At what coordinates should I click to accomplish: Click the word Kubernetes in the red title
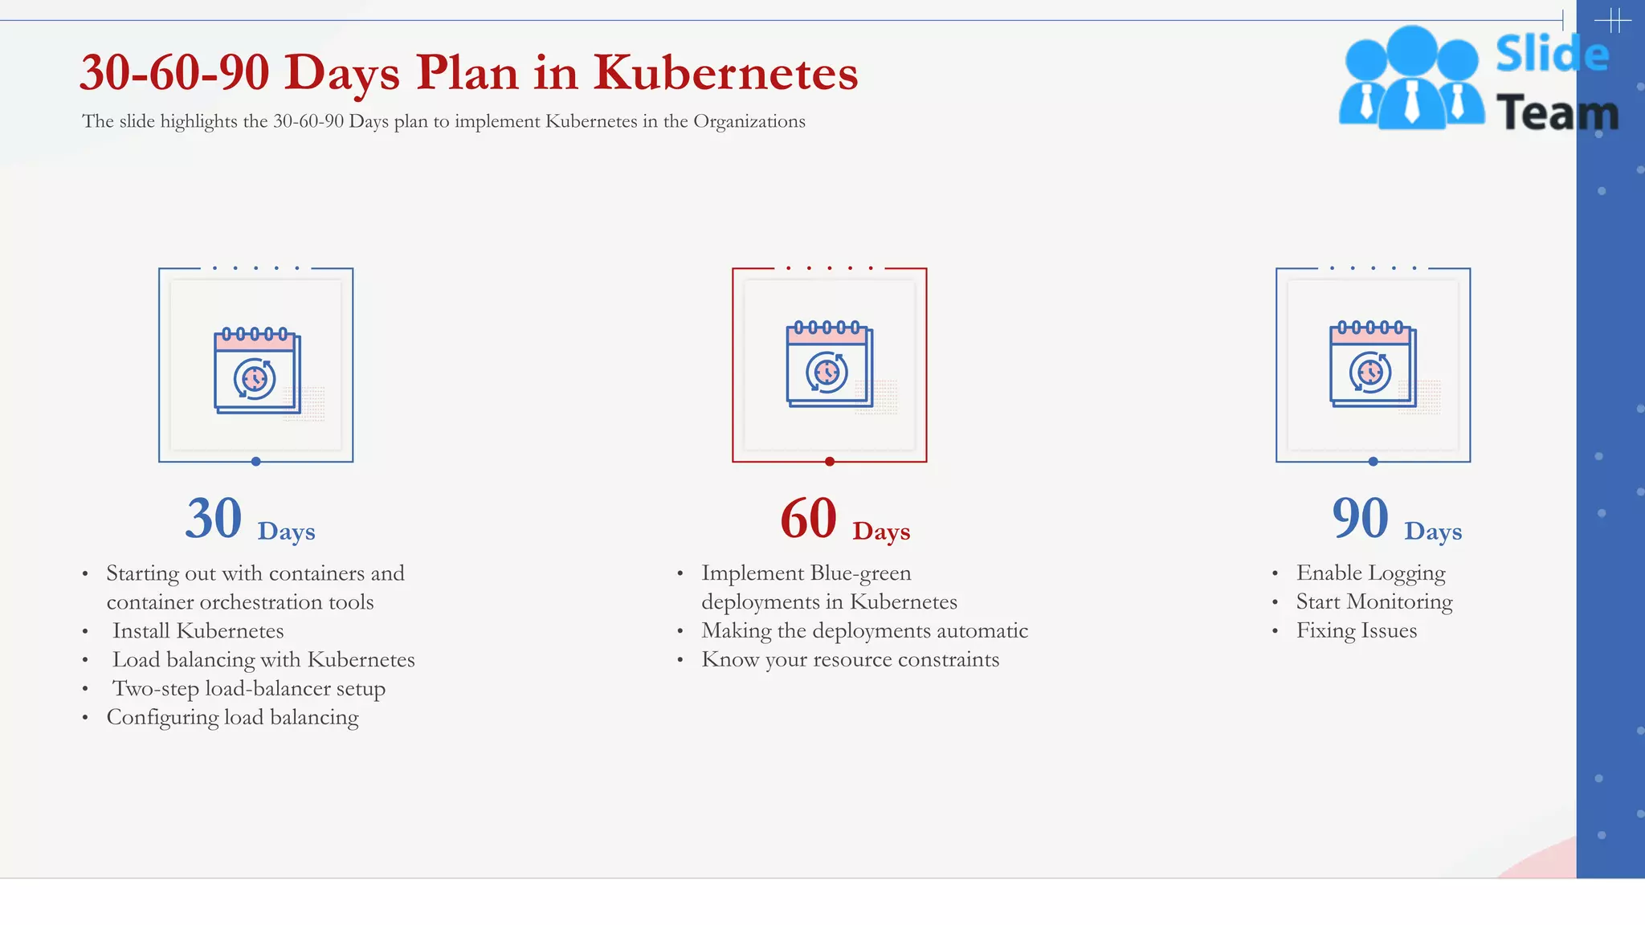point(725,73)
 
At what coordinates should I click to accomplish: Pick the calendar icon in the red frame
point(829,365)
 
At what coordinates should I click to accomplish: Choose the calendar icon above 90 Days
point(1373,365)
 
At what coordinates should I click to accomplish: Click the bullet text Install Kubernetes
point(198,631)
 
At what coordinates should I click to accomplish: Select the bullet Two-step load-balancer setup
point(248,689)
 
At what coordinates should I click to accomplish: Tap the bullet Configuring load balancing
point(232,718)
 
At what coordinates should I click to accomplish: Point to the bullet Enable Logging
point(1370,573)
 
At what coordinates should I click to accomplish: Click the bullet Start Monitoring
point(1374,602)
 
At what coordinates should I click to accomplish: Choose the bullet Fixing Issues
point(1356,631)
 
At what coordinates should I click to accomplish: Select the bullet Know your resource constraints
point(850,660)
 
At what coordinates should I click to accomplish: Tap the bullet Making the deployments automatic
point(864,631)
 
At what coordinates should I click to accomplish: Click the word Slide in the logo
point(1552,55)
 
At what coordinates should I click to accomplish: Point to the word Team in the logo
point(1557,112)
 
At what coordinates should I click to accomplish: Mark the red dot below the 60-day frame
point(830,462)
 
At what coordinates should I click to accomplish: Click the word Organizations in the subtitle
point(749,121)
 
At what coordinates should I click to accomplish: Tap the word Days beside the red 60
point(881,532)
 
